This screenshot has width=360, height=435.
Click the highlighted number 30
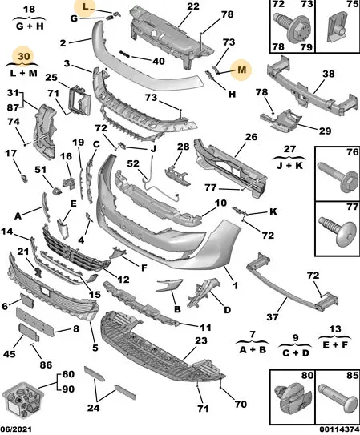24,57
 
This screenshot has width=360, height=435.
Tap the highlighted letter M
242,70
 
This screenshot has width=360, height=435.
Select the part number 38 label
329,74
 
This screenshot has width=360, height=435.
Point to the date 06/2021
16,429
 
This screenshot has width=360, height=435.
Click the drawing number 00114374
338,429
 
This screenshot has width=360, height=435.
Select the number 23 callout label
201,340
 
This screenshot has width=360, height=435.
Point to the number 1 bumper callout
236,285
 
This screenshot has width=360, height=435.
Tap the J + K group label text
289,165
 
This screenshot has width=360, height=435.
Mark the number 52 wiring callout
133,163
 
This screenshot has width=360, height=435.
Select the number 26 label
251,137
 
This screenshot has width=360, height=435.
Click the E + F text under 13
335,344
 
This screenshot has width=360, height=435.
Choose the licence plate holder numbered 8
36,321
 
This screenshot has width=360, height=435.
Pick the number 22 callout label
193,6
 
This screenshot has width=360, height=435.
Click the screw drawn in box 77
338,232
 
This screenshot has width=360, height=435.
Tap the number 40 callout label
159,61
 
